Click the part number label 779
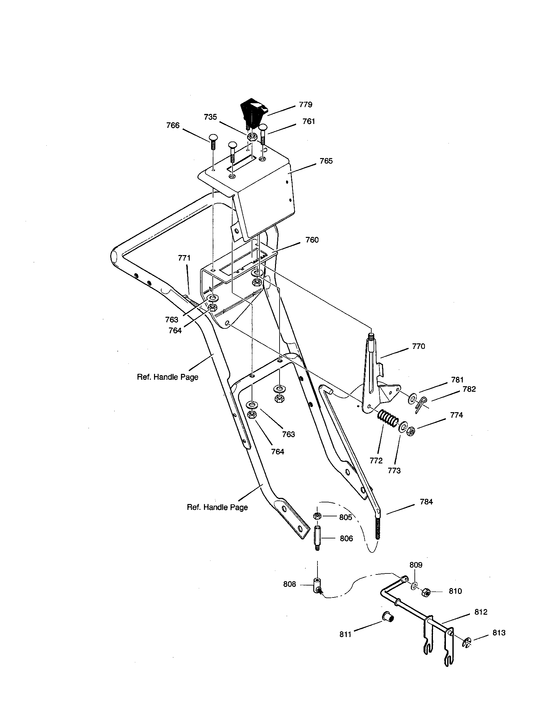click(x=305, y=105)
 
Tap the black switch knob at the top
click(x=254, y=111)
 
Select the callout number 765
click(x=326, y=161)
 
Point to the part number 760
click(x=312, y=240)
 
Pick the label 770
click(x=418, y=346)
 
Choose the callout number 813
click(x=499, y=633)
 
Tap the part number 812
click(x=481, y=612)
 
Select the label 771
click(x=184, y=258)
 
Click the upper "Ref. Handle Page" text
click(x=168, y=377)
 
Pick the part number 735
click(x=210, y=117)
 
